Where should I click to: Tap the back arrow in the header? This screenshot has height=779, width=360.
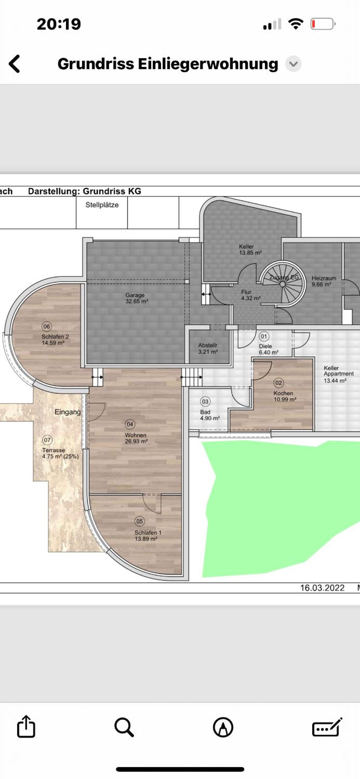pos(14,64)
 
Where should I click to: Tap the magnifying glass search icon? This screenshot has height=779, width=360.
pos(124,727)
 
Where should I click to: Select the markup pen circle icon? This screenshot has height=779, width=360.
pos(223,727)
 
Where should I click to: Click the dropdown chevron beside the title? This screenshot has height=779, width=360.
pos(293,64)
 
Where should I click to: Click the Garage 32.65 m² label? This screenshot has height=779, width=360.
pos(137,298)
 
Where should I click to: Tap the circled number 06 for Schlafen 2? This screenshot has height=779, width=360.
pos(46,326)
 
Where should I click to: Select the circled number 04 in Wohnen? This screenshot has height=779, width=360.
pos(130,424)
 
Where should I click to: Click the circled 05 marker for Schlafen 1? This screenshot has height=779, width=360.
pos(140,521)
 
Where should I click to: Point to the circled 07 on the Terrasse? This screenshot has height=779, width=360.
pos(47,440)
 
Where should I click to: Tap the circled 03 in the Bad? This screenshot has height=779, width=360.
pos(205,401)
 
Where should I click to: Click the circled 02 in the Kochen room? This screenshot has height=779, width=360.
pos(278,383)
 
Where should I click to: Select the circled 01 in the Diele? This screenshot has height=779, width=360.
pos(264,336)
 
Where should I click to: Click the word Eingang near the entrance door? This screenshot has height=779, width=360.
pos(68,412)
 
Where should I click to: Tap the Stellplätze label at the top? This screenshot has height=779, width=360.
pos(102,205)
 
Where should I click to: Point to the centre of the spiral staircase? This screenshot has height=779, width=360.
pos(282,284)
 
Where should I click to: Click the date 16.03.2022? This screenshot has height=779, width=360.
pos(322,588)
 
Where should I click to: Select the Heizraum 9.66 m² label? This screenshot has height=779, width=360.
pos(324,281)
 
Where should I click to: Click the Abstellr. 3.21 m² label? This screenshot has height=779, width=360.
pos(208,348)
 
